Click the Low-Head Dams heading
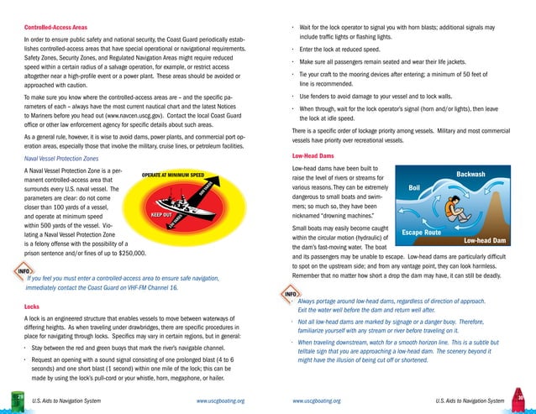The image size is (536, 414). tap(313, 156)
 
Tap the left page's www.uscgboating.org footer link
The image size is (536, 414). tap(220, 401)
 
